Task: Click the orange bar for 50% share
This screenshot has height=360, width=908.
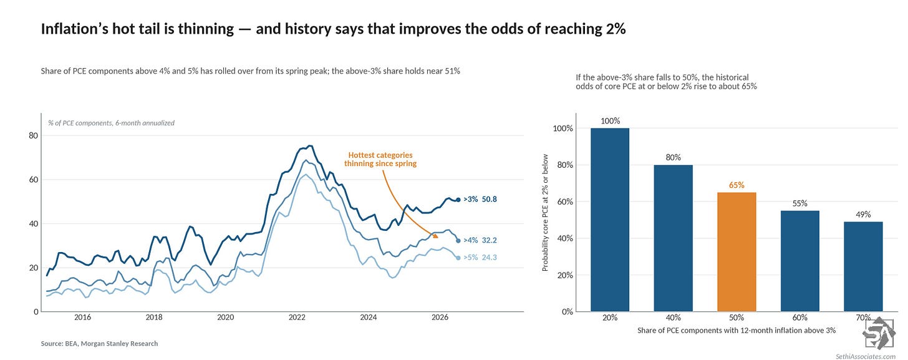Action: click(737, 252)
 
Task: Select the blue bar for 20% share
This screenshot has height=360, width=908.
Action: click(610, 220)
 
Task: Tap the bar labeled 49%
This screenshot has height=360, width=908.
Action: click(863, 266)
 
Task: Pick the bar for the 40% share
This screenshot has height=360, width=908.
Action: click(674, 238)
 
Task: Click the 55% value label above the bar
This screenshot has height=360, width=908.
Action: click(799, 203)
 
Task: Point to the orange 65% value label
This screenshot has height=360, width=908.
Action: click(737, 185)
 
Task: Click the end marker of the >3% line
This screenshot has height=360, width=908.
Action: click(458, 200)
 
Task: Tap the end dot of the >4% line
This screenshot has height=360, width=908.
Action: click(458, 241)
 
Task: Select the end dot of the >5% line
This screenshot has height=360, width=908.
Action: click(458, 258)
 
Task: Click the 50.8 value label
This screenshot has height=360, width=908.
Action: click(490, 199)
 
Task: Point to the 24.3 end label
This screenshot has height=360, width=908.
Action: click(490, 258)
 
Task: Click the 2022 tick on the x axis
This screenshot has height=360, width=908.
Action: click(297, 318)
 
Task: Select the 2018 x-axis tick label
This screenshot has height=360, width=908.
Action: click(154, 318)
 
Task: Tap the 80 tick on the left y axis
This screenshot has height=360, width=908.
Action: click(33, 136)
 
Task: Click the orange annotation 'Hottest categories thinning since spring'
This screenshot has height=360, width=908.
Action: click(380, 159)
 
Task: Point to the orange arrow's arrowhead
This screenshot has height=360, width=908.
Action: click(435, 236)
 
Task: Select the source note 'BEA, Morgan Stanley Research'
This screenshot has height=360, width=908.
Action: click(112, 344)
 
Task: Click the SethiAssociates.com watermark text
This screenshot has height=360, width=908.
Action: click(866, 357)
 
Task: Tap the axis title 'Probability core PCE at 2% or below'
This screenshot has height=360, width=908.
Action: click(545, 212)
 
